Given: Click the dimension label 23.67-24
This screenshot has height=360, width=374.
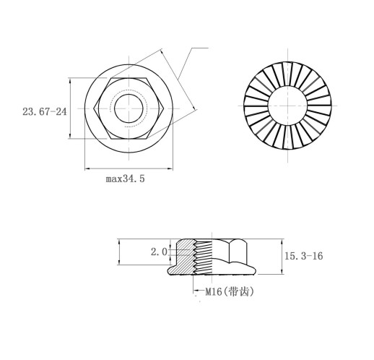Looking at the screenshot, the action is [45, 112].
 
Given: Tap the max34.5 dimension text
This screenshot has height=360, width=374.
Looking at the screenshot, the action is [126, 179].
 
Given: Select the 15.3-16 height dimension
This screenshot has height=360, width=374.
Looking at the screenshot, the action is [304, 256].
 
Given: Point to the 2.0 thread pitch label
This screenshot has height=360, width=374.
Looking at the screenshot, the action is [159, 252].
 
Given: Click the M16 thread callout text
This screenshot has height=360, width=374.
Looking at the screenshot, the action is [213, 292].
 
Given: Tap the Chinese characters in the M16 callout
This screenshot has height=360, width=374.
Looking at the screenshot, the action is [238, 292].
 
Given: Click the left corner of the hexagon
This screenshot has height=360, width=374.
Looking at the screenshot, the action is [94, 108].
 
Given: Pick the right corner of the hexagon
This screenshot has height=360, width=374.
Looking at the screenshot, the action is [164, 108].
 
